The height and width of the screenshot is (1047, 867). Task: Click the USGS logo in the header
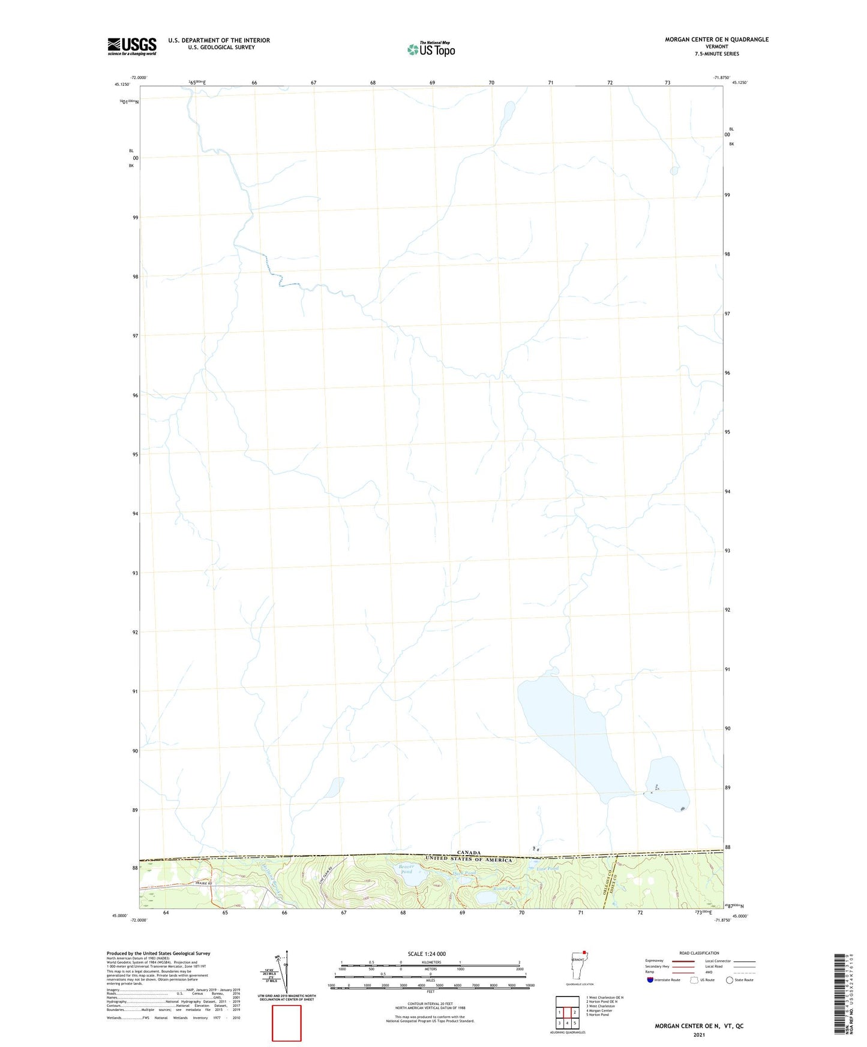tap(132, 46)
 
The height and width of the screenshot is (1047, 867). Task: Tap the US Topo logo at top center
tap(431, 49)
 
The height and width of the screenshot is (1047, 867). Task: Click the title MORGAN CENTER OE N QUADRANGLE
tap(716, 40)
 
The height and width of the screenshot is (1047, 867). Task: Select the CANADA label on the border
tap(469, 852)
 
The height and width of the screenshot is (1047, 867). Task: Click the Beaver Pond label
tap(407, 869)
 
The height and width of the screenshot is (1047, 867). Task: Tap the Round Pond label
tap(506, 888)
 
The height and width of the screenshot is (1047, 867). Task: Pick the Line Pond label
tap(547, 868)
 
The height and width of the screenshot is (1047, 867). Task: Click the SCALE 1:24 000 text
tap(427, 954)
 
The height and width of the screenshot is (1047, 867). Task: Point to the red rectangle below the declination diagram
tap(287, 1023)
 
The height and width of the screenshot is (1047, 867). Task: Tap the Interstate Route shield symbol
tap(651, 980)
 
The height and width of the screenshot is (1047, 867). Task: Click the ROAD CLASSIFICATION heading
tap(699, 953)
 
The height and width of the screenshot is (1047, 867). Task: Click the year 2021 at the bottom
tap(698, 1035)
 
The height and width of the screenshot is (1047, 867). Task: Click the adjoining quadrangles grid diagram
tap(566, 1012)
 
